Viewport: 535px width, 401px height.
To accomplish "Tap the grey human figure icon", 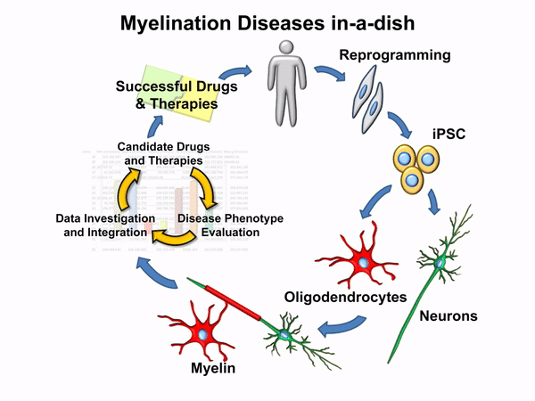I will tap(286, 85).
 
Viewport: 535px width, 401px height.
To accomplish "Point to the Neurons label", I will tap(449, 315).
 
